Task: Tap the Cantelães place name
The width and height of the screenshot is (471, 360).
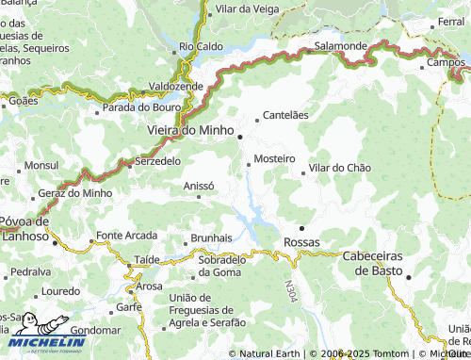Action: [285, 115]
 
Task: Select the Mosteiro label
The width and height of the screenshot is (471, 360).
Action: [275, 158]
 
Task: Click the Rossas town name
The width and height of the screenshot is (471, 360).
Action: [301, 242]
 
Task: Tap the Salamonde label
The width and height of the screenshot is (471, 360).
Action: [341, 45]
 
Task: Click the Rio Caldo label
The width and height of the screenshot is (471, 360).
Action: [201, 45]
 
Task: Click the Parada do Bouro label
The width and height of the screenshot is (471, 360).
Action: [140, 107]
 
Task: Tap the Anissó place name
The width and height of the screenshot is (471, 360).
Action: [199, 186]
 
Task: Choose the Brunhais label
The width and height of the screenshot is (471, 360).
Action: [211, 237]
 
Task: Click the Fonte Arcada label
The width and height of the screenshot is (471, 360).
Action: [126, 235]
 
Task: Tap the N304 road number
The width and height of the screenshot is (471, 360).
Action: [291, 288]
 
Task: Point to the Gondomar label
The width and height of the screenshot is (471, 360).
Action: [95, 331]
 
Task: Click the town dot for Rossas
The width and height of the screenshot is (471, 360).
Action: [301, 228]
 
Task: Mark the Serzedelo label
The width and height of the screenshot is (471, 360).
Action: [158, 161]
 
